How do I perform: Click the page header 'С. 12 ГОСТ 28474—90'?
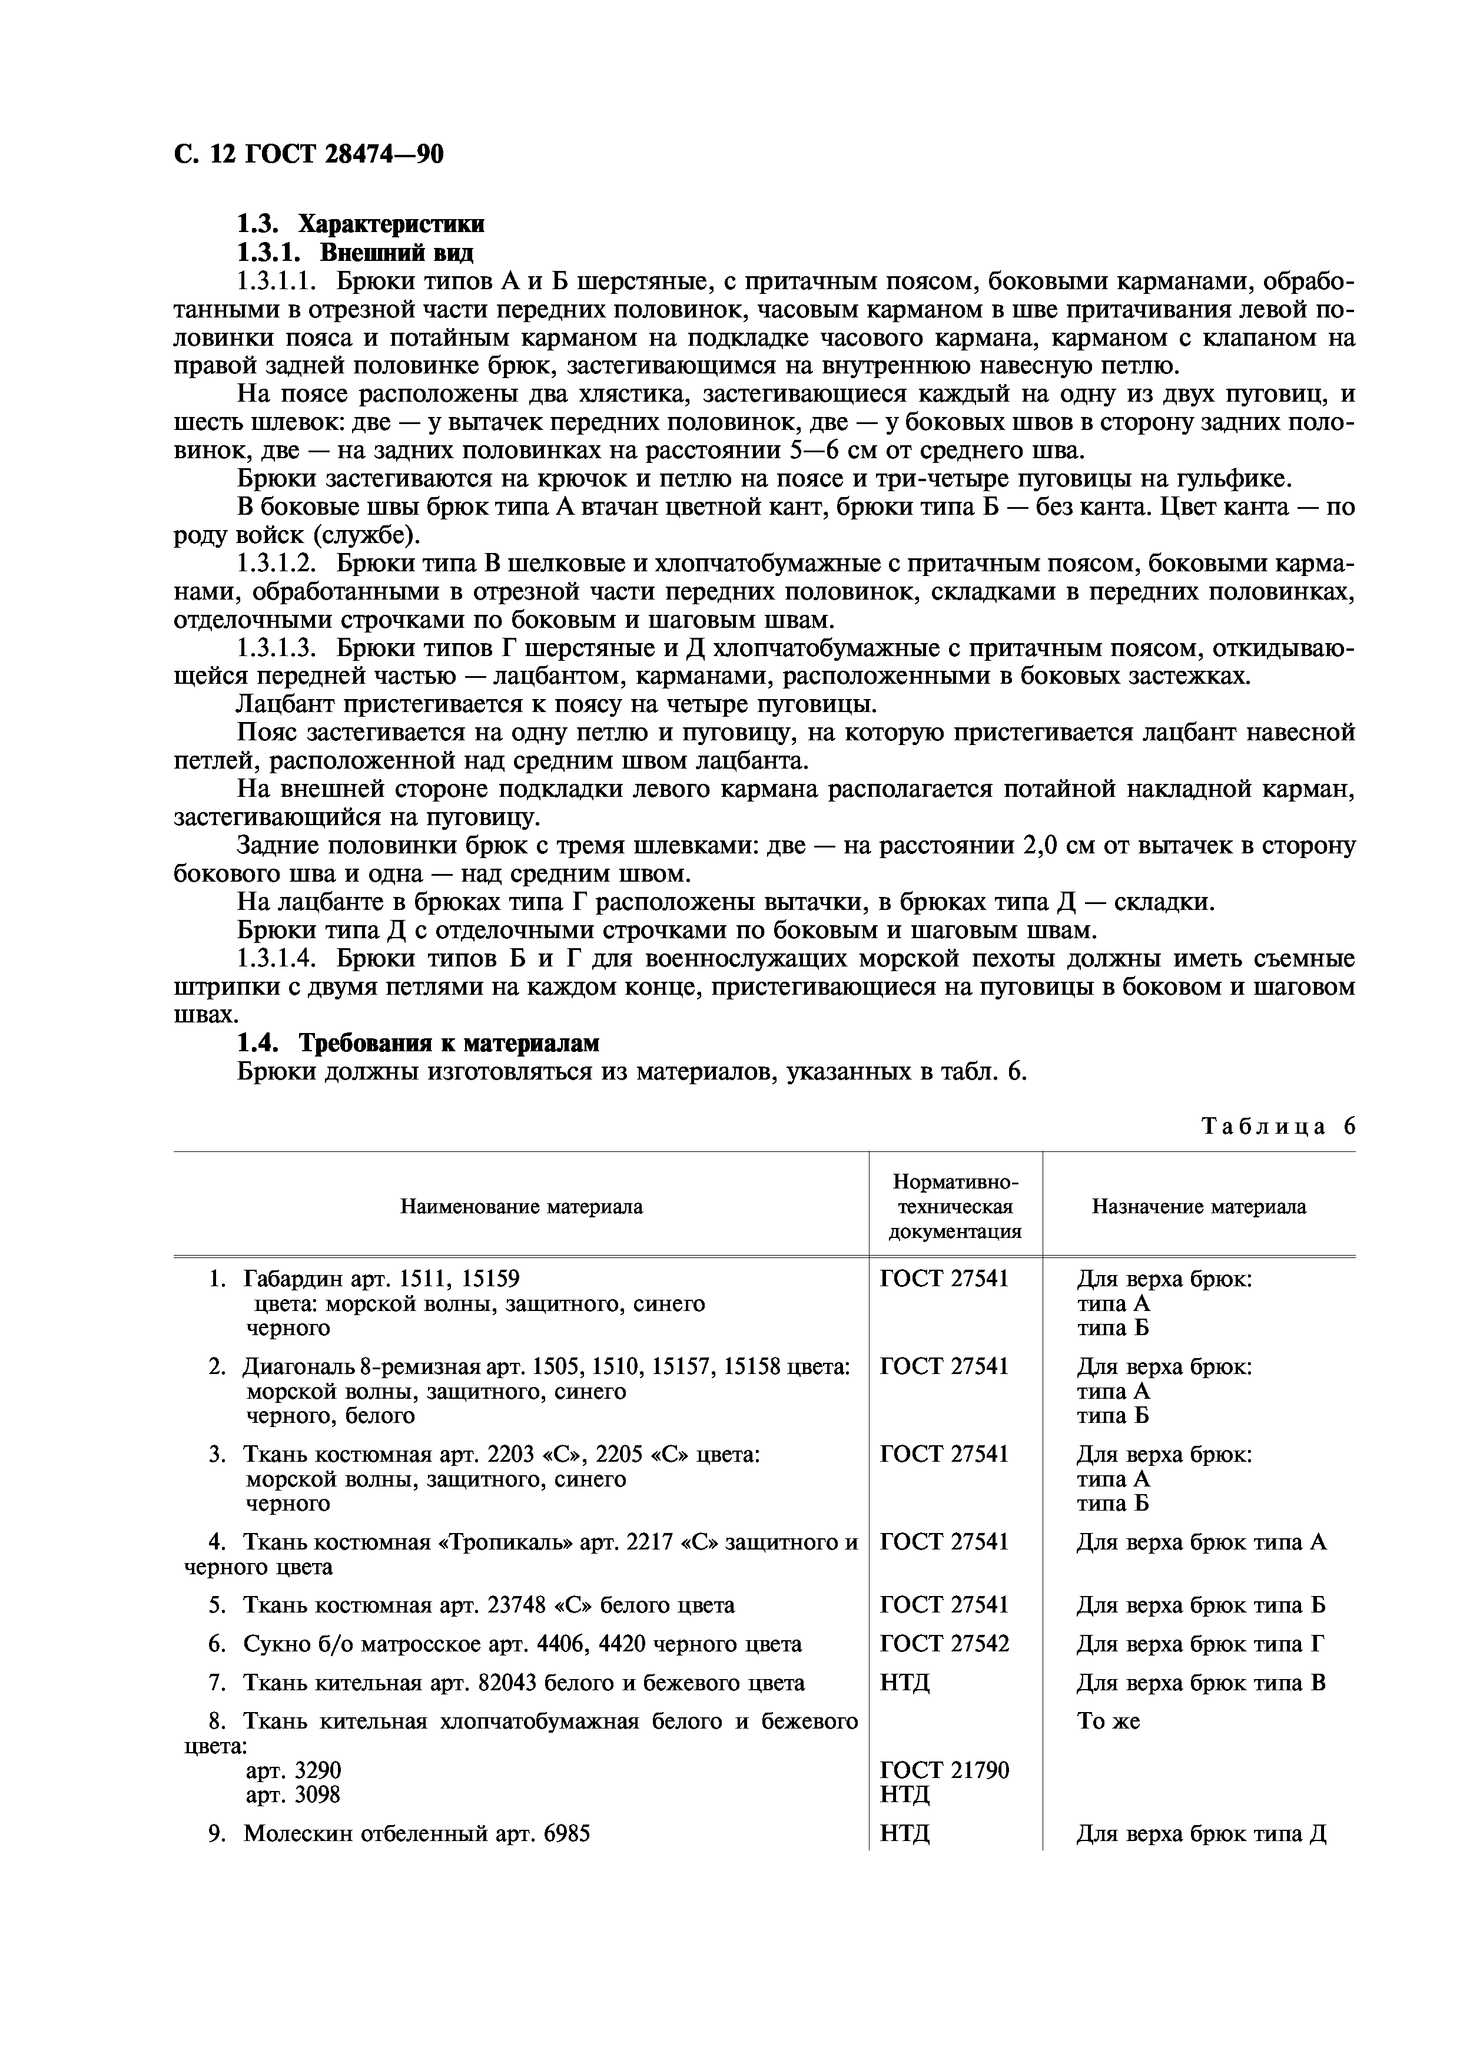[308, 155]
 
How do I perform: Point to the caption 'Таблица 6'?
[1278, 1127]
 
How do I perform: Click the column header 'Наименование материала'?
[521, 1207]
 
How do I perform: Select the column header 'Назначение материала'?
[1199, 1207]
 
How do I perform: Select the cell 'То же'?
[1109, 1721]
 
